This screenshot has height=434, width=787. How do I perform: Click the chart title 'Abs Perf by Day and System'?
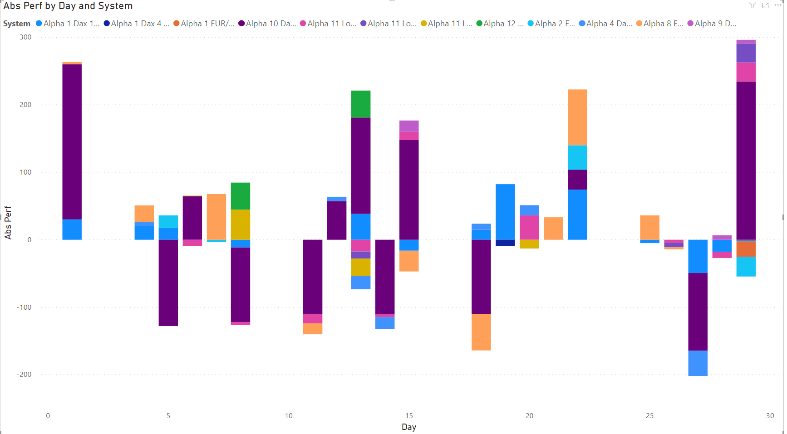tap(68, 6)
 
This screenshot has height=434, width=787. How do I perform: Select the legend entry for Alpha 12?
tap(499, 24)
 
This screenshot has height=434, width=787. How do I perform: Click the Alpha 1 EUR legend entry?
tap(204, 24)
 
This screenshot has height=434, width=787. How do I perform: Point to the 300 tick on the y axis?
tap(25, 37)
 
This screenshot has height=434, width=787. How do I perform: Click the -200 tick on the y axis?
tap(25, 375)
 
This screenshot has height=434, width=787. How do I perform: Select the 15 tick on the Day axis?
tap(409, 416)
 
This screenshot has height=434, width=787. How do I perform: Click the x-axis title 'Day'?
tap(408, 427)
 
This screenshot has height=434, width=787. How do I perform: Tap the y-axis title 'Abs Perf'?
tap(8, 222)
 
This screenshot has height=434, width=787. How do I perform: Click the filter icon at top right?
tap(752, 5)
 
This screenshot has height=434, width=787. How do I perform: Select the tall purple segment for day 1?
tap(72, 141)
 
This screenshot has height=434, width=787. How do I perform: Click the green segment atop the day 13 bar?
tap(361, 104)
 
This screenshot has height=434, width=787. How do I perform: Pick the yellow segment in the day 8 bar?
tap(241, 224)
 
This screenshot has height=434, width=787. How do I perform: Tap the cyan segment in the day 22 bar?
tap(577, 157)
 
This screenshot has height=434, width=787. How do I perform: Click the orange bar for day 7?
tap(216, 217)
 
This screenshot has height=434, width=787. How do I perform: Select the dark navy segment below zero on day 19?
tap(505, 243)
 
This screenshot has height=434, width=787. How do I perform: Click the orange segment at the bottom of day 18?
tap(481, 332)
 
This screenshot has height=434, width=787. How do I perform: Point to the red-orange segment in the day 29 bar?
tap(746, 249)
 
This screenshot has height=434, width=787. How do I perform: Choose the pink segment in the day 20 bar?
tap(529, 227)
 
